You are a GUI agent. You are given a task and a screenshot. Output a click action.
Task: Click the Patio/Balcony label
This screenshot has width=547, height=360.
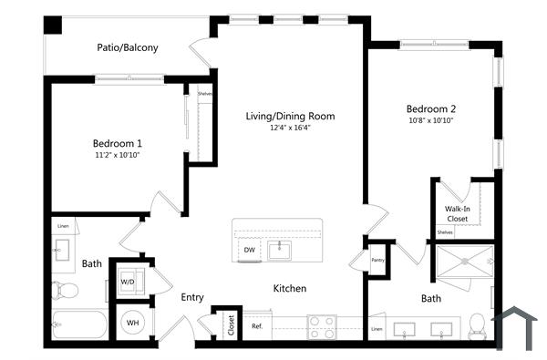click(x=128, y=48)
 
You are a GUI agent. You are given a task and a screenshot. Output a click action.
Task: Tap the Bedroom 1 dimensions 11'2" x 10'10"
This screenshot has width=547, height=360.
click(x=117, y=155)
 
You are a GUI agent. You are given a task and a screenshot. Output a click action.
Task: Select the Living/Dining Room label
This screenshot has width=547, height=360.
click(x=290, y=116)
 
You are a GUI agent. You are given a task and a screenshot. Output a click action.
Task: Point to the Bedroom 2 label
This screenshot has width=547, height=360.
click(x=431, y=108)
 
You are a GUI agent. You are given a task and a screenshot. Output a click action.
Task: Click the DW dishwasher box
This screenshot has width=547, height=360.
click(x=250, y=250)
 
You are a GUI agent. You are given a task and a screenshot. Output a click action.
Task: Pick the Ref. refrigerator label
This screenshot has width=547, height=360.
click(x=257, y=326)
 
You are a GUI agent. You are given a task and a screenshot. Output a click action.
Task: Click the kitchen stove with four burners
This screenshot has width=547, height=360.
click(x=322, y=325)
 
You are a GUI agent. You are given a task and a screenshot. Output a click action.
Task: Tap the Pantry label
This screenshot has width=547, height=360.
click(x=378, y=260)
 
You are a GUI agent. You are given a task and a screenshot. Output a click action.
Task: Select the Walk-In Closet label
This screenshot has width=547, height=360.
click(x=457, y=214)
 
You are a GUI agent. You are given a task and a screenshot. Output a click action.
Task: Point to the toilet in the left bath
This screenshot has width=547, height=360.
click(x=65, y=291)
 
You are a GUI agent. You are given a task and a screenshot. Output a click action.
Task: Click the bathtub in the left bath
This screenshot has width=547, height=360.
click(x=78, y=325)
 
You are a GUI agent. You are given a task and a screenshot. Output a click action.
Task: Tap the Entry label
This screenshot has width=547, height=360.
click(x=191, y=297)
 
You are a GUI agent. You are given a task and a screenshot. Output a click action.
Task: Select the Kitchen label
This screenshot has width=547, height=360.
click(x=290, y=289)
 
